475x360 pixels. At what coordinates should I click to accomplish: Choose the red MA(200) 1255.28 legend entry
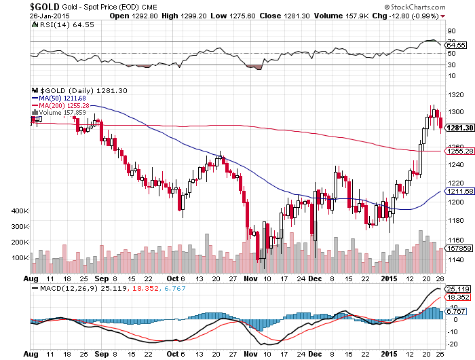pos(63,105)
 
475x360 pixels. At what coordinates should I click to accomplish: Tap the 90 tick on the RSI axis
pos(450,31)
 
